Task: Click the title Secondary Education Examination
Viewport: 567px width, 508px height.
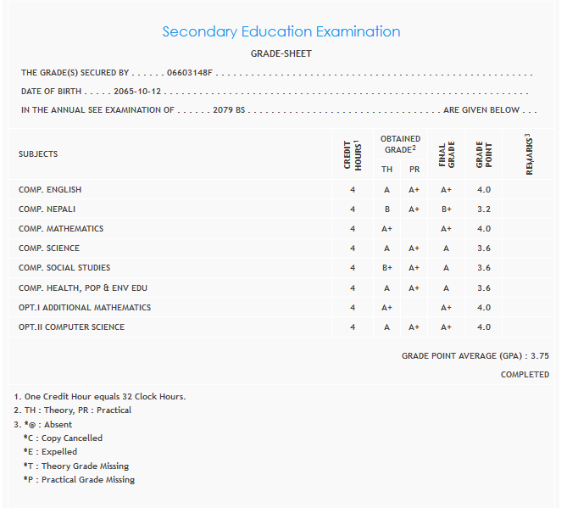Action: tap(281, 32)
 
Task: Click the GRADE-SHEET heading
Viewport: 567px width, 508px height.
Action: tap(281, 53)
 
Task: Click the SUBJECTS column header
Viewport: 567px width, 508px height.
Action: tap(38, 154)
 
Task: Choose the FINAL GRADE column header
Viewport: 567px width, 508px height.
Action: tap(446, 154)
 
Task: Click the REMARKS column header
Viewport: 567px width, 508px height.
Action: tap(529, 154)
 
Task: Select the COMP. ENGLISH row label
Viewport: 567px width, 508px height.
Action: tap(50, 190)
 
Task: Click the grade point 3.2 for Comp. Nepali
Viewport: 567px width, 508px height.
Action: tap(483, 209)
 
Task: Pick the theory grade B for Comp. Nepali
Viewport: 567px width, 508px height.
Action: tap(386, 209)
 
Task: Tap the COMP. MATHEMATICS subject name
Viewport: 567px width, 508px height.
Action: tap(61, 229)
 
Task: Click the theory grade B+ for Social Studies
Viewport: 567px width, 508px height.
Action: tap(386, 268)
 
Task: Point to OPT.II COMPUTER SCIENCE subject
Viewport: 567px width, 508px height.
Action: tap(71, 327)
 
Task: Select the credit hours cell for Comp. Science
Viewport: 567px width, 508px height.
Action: tap(352, 248)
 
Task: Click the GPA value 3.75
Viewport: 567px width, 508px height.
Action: tap(540, 357)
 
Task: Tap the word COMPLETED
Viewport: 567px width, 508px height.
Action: tap(525, 375)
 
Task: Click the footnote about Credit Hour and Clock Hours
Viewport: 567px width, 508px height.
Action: tap(100, 396)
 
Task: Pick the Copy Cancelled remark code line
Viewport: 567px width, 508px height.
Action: tap(63, 438)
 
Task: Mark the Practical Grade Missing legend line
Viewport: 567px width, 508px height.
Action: tap(79, 480)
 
